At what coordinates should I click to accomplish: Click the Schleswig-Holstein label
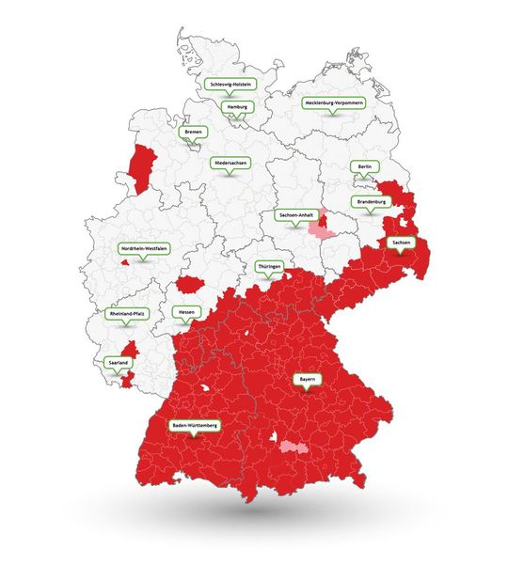click(230, 83)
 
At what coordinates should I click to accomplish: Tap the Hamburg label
click(238, 107)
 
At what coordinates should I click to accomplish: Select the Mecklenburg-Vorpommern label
click(334, 102)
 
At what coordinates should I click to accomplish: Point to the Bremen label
click(193, 132)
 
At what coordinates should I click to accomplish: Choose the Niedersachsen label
click(230, 162)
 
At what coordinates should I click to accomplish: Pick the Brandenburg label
click(371, 201)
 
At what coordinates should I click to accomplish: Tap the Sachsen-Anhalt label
click(296, 214)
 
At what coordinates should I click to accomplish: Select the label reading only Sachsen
click(400, 243)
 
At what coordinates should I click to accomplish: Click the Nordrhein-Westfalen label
click(144, 248)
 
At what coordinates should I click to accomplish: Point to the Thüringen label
click(269, 267)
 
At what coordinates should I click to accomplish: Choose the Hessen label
click(185, 311)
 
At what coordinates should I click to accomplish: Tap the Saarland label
click(119, 361)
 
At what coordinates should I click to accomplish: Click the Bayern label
click(307, 379)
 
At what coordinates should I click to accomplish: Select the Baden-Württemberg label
click(195, 426)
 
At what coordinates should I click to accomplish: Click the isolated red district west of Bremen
click(142, 169)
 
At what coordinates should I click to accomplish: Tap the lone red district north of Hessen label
click(194, 284)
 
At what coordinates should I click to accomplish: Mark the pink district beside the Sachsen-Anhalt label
click(325, 226)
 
